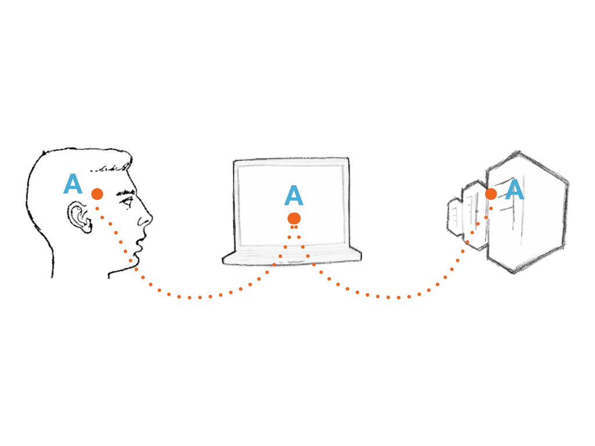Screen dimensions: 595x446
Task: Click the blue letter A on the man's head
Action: click(x=73, y=184)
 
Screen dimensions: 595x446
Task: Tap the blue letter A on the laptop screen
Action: click(x=293, y=195)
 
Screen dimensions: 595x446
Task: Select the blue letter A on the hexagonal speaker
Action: click(x=515, y=189)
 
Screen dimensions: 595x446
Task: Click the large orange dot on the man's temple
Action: click(x=97, y=194)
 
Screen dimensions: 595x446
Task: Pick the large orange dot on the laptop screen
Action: click(x=294, y=218)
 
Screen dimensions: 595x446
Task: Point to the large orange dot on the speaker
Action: click(x=491, y=194)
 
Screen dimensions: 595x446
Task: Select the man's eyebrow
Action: click(x=126, y=193)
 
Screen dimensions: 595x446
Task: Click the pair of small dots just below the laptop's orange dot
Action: click(x=294, y=227)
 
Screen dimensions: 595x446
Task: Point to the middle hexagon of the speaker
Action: click(x=474, y=215)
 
